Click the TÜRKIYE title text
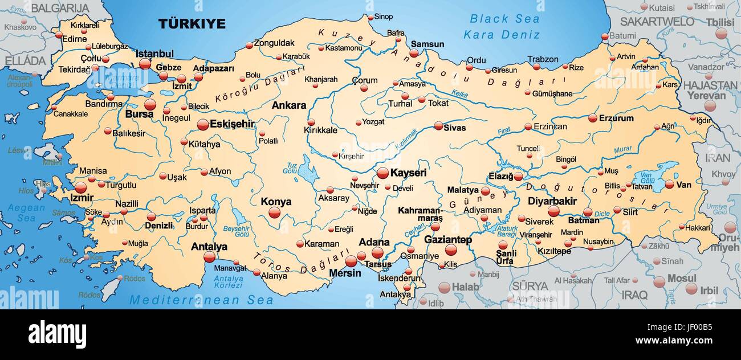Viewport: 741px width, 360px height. (192, 23)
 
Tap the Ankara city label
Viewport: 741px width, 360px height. (288, 105)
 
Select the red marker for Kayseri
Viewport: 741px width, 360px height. (382, 173)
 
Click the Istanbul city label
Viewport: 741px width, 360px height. (154, 54)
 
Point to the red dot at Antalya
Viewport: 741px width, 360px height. (209, 257)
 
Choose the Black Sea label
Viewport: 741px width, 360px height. (504, 19)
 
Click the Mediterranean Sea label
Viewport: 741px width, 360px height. (201, 300)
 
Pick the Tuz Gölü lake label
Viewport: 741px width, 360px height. (290, 168)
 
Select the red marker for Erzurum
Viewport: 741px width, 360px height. (592, 118)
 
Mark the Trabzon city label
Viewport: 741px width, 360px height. (542, 59)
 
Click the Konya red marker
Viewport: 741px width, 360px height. (275, 212)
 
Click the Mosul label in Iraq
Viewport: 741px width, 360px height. (681, 279)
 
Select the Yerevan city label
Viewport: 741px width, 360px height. (706, 96)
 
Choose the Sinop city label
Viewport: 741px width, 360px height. (383, 17)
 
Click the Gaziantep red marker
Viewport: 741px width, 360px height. (450, 249)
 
